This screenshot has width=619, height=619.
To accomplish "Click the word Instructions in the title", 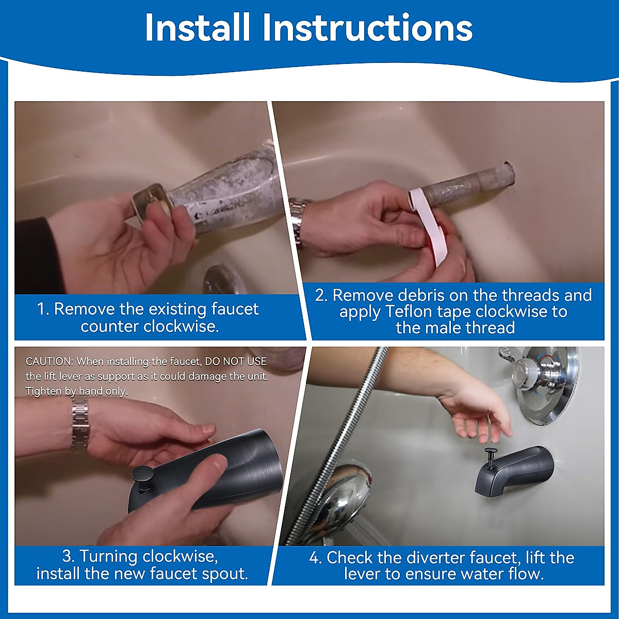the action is (367, 28).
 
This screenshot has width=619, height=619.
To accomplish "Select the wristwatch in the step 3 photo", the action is (79, 425).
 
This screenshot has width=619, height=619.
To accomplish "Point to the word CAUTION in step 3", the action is (50, 362).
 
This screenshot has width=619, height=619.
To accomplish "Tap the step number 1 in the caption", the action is (43, 309).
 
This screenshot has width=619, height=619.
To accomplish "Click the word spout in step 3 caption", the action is (224, 575).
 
